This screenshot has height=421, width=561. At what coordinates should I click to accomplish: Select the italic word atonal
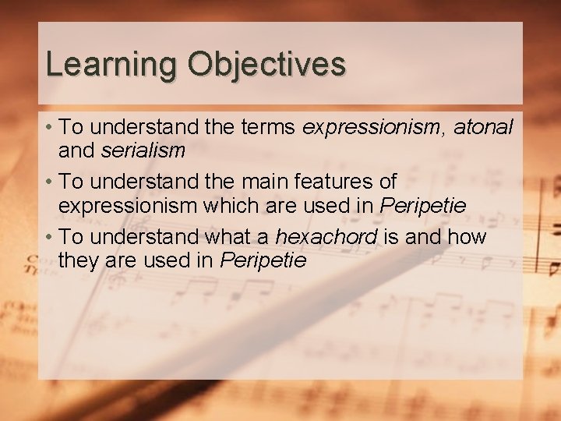pos(484,126)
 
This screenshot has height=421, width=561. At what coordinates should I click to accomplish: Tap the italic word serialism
pos(143,150)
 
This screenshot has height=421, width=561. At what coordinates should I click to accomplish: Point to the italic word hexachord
pos(326,236)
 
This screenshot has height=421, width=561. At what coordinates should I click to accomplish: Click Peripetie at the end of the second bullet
pos(422,205)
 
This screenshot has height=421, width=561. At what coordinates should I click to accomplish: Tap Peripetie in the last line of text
pos(263,260)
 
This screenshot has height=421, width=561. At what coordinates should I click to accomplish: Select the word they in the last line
pos(78,260)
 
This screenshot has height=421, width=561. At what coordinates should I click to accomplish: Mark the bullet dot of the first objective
pos(49,127)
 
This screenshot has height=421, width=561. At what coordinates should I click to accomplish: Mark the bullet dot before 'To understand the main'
pos(49,182)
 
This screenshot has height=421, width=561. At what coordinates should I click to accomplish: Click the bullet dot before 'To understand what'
pos(49,237)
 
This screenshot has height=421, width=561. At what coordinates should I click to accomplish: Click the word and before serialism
pos(76,150)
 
